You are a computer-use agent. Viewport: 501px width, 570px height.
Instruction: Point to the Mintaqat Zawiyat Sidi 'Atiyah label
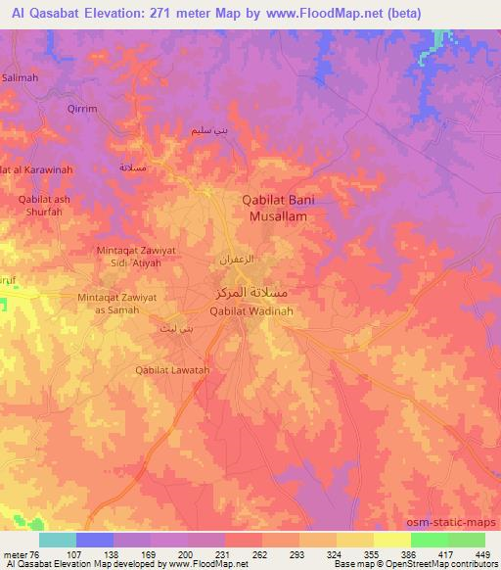click(x=138, y=257)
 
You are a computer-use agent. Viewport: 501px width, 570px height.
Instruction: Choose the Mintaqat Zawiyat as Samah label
click(x=116, y=304)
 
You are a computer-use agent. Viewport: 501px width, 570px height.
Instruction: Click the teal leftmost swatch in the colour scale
click(x=58, y=540)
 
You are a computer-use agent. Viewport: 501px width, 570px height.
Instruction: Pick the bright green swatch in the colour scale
click(x=429, y=540)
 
